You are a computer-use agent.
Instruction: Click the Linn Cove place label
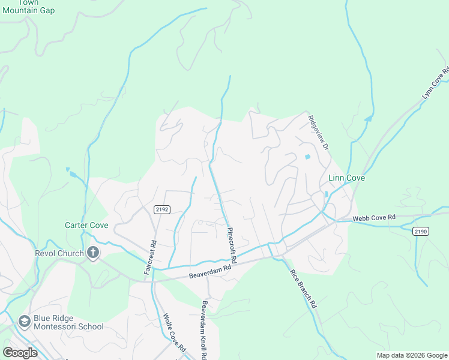pyautogui.click(x=346, y=178)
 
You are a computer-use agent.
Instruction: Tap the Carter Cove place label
pyautogui.click(x=86, y=225)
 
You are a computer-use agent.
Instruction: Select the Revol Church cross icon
pyautogui.click(x=93, y=253)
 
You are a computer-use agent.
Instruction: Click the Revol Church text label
pyautogui.click(x=58, y=253)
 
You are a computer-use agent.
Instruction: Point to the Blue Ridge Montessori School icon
pyautogui.click(x=25, y=322)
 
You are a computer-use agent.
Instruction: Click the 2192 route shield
pyautogui.click(x=161, y=209)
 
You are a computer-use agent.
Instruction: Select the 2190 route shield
pyautogui.click(x=421, y=231)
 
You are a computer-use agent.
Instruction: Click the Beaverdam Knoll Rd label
pyautogui.click(x=205, y=330)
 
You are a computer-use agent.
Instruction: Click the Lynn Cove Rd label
pyautogui.click(x=436, y=83)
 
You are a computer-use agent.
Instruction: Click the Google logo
pyautogui.click(x=20, y=352)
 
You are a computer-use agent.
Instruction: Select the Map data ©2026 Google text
pyautogui.click(x=411, y=355)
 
